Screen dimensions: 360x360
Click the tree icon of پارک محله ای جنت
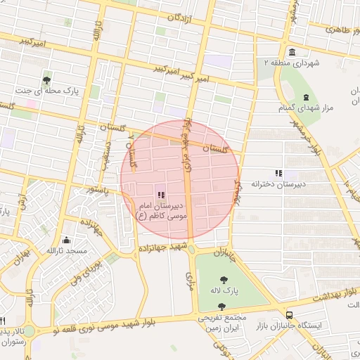47,79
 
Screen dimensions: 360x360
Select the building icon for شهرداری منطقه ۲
292,51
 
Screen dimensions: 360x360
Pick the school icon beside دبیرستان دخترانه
278,173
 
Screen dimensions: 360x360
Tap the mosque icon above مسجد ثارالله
66,239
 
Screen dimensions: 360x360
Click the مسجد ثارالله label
66,251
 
